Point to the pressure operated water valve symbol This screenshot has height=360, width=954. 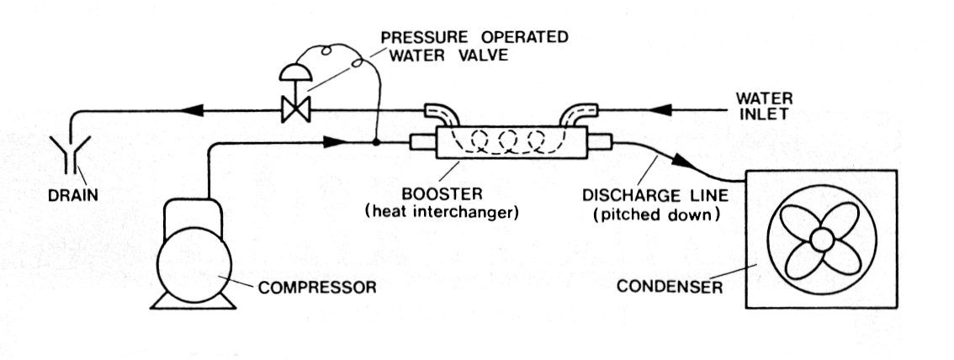coord(295,108)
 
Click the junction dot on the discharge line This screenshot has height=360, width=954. coord(376,143)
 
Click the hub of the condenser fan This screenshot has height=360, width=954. coord(821,241)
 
